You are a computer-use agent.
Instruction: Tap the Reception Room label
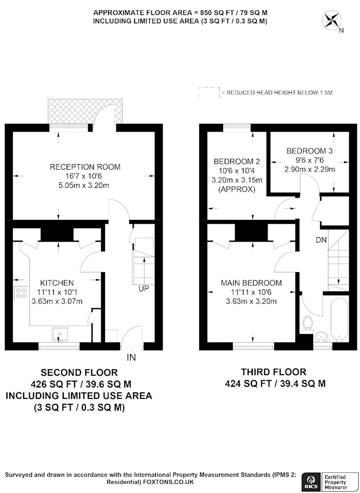pyautogui.click(x=85, y=167)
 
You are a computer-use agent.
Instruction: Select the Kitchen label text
pyautogui.click(x=57, y=282)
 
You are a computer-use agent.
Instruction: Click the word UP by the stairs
pyautogui.click(x=144, y=288)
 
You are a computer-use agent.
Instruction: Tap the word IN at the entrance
pyautogui.click(x=131, y=357)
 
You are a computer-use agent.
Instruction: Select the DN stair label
pyautogui.click(x=322, y=240)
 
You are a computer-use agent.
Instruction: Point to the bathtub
pyautogui.click(x=339, y=319)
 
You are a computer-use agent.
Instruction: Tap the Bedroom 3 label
pyautogui.click(x=305, y=151)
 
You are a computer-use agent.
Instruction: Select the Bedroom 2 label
pyautogui.click(x=237, y=162)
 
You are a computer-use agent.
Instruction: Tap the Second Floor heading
pyautogui.click(x=79, y=373)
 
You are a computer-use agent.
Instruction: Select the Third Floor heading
pyautogui.click(x=274, y=372)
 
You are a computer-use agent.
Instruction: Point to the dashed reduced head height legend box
pyautogui.click(x=209, y=93)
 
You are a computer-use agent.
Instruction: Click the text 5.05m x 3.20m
pyautogui.click(x=85, y=185)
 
